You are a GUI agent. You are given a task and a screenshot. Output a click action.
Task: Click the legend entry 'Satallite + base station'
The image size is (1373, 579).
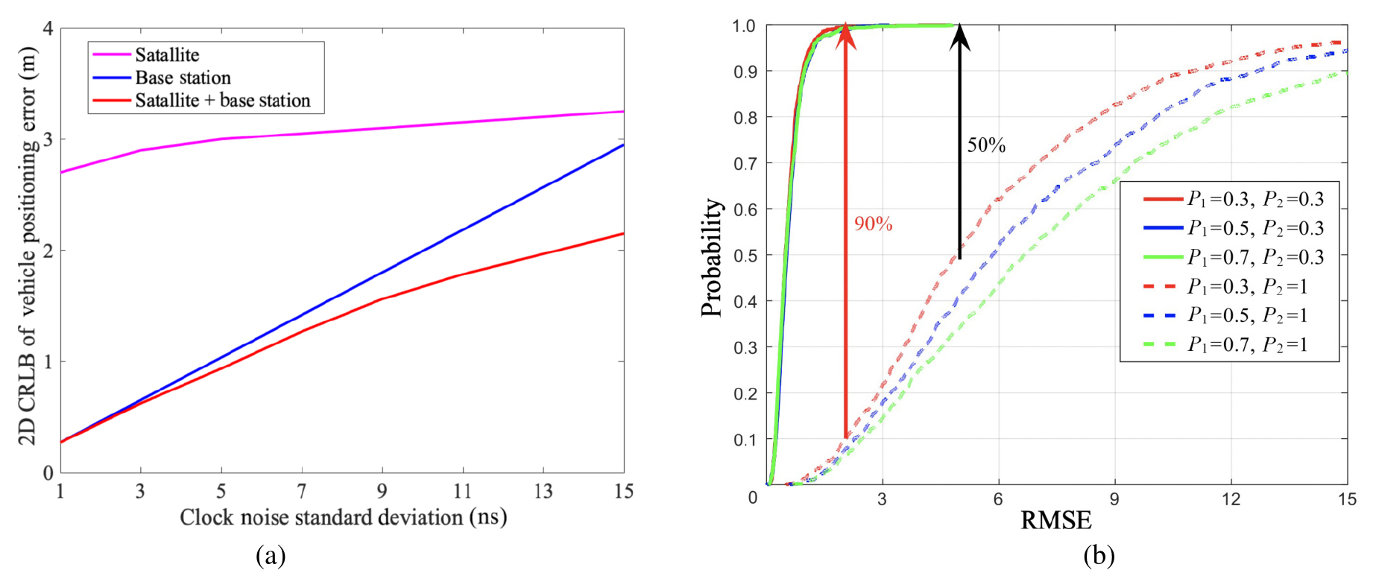click(x=222, y=101)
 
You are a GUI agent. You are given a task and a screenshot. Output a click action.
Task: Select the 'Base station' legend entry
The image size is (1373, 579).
click(x=183, y=77)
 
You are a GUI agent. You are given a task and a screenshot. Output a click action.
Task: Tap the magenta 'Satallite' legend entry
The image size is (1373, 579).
click(x=167, y=54)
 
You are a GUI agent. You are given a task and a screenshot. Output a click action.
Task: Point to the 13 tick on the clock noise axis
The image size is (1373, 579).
click(x=543, y=491)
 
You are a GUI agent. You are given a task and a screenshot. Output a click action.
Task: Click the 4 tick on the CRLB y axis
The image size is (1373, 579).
click(x=48, y=28)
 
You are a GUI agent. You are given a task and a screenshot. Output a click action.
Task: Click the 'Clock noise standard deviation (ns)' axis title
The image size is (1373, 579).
click(x=343, y=517)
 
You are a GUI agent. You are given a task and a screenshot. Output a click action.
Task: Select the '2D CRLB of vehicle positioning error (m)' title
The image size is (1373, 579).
click(x=28, y=250)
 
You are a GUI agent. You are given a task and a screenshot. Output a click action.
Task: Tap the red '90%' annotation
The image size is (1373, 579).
click(x=873, y=224)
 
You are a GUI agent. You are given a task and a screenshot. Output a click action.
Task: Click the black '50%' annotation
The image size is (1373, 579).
click(x=986, y=145)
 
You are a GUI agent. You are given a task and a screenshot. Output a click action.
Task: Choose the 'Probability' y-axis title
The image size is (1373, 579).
click(x=712, y=257)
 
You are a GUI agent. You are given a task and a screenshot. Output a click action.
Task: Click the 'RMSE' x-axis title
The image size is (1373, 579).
click(x=1055, y=520)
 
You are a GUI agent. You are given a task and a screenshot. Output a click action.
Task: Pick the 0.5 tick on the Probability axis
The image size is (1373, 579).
click(x=745, y=256)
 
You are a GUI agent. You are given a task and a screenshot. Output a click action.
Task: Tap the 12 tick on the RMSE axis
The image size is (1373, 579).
click(x=1231, y=499)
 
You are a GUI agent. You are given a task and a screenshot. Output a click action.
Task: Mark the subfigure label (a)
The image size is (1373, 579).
click(x=270, y=556)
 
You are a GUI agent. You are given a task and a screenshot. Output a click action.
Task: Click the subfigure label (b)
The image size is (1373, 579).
click(x=1099, y=556)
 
